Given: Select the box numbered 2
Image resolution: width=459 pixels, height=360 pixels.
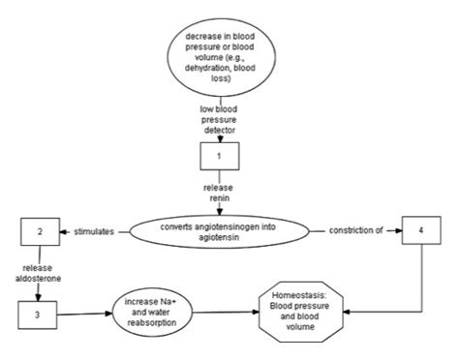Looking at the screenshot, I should point(38,233).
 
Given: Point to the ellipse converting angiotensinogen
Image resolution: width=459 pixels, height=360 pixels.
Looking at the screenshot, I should point(229,233).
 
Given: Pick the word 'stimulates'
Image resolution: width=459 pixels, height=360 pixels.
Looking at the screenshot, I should point(97,233).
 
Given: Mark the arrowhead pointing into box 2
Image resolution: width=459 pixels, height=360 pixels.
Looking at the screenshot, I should point(64,233).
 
